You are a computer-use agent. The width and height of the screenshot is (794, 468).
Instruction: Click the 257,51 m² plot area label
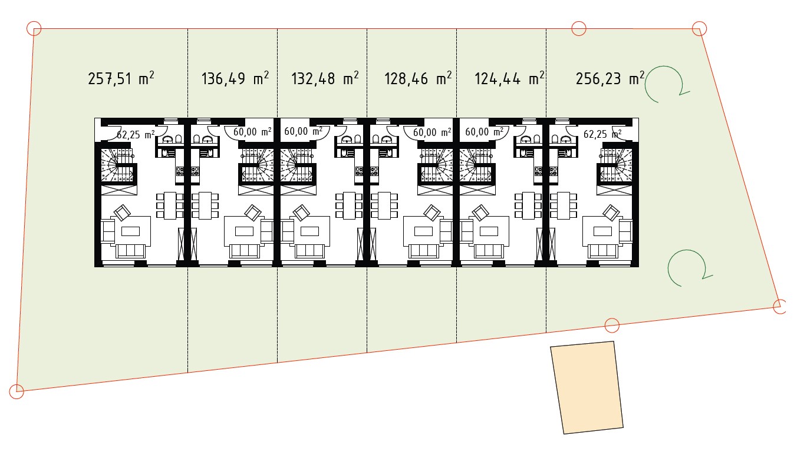(121, 78)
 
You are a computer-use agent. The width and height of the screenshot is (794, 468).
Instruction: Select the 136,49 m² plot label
(235, 78)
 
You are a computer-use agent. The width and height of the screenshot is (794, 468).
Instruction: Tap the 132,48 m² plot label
(325, 78)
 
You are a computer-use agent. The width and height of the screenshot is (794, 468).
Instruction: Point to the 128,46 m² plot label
(418, 78)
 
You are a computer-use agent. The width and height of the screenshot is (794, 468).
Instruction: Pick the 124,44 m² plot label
(509, 78)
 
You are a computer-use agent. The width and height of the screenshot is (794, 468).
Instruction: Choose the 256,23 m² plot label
(609, 78)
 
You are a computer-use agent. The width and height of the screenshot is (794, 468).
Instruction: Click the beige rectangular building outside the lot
(587, 387)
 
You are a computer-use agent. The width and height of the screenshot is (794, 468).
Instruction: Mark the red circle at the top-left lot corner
(34, 28)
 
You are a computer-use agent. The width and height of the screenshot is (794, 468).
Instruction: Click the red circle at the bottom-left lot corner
(17, 391)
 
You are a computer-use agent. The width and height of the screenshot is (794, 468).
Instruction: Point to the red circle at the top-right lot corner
(699, 28)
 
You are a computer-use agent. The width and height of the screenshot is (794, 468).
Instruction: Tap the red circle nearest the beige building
(612, 325)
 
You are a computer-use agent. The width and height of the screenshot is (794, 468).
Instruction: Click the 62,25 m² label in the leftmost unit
(136, 135)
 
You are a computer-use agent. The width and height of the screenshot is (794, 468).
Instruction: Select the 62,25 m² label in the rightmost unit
(602, 134)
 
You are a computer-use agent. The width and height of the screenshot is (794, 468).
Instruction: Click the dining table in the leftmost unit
(170, 205)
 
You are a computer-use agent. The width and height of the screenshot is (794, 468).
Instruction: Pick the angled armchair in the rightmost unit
(611, 213)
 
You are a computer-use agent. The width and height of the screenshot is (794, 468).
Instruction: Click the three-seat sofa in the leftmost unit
(130, 251)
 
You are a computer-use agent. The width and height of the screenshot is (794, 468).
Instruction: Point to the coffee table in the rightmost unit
(602, 231)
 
